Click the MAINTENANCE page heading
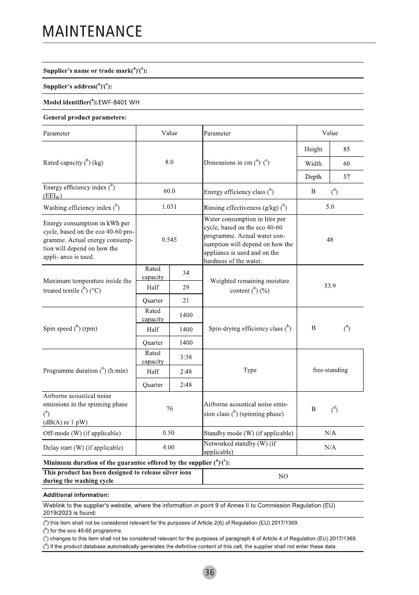[x=93, y=32]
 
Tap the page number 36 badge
[x=210, y=573]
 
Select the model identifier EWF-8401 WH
[x=119, y=103]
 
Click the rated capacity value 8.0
[x=169, y=162]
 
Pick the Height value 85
[x=347, y=149]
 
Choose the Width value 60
[x=347, y=163]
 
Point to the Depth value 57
[x=347, y=177]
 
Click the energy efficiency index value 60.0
[x=169, y=191]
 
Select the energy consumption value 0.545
[x=169, y=239]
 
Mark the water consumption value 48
[x=330, y=239]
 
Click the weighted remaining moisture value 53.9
[x=330, y=286]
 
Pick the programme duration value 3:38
[x=186, y=357]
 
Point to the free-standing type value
[x=330, y=370]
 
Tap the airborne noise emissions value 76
[x=169, y=409]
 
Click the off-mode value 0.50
[x=169, y=433]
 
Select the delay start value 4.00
[x=169, y=448]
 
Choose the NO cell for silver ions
[x=283, y=477]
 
